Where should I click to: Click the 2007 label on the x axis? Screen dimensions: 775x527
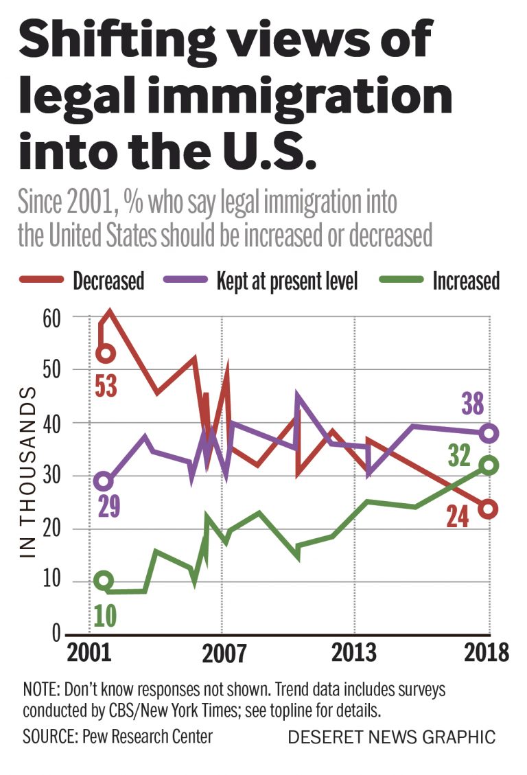point(223,653)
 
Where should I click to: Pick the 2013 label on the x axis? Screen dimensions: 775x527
point(354,651)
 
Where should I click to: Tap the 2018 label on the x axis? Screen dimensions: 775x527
point(486,651)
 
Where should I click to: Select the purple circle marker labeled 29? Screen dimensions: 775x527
point(103,482)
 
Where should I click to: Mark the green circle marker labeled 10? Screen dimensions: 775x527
point(103,581)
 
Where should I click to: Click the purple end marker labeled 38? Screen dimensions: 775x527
point(489,433)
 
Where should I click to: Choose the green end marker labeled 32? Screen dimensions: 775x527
point(489,465)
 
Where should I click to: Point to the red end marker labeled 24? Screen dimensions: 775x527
point(489,509)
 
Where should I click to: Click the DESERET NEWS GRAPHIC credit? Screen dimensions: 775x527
point(391,737)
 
